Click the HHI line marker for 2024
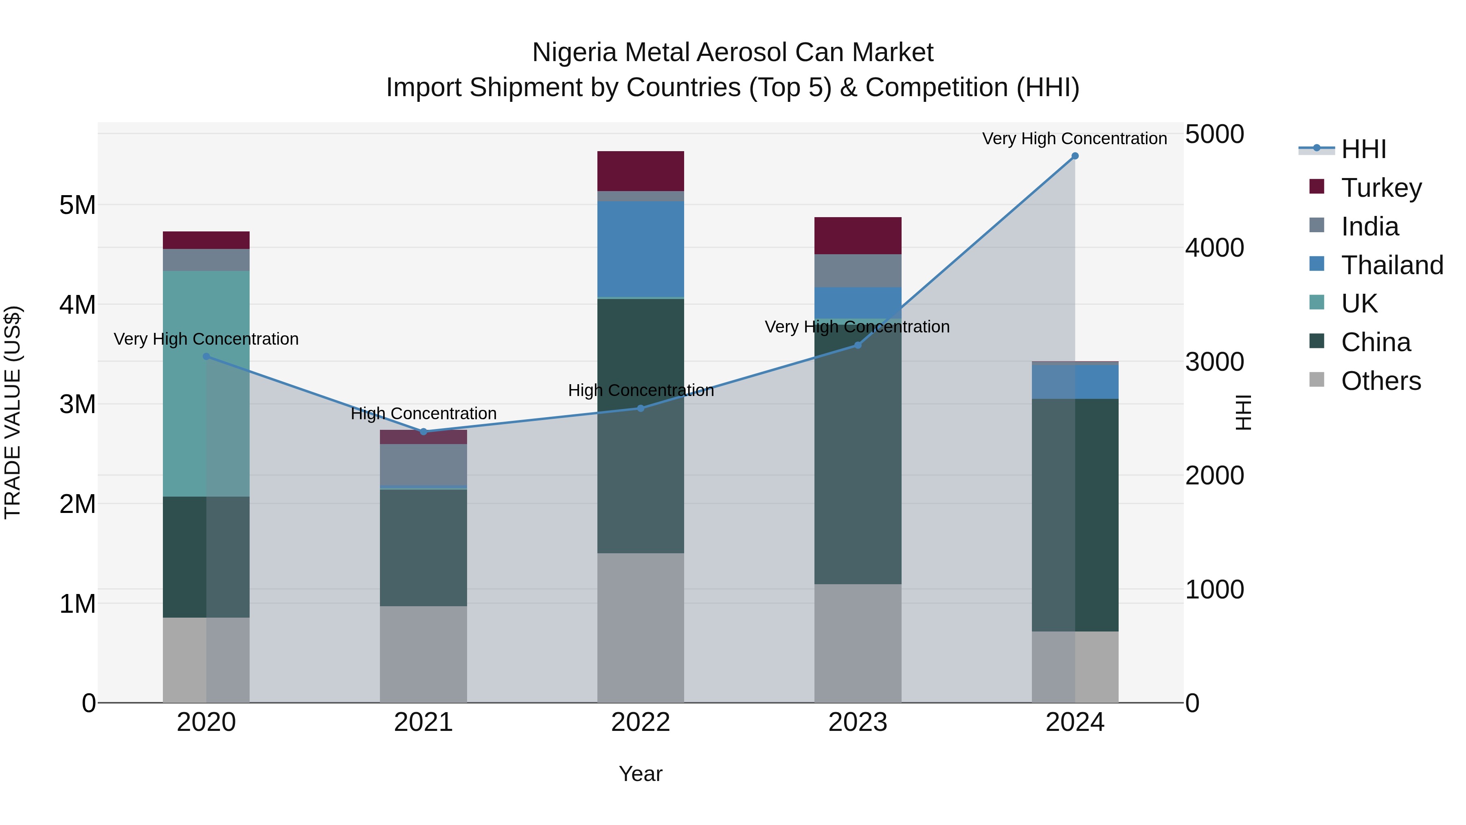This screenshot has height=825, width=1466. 1075,156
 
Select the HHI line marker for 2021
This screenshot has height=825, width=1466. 424,431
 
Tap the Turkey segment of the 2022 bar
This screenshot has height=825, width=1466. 640,171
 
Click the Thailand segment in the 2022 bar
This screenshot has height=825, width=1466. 640,249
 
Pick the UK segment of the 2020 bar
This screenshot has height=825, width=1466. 206,383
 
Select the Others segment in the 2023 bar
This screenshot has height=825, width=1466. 858,643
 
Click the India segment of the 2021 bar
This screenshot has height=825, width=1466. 424,464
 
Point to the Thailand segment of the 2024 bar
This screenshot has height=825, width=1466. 1075,381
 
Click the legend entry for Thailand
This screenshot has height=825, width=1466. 1391,265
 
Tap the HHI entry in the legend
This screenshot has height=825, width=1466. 1363,149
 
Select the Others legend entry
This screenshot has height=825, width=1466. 1380,381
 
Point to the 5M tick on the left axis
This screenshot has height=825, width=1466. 77,205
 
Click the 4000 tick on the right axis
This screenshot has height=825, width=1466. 1214,248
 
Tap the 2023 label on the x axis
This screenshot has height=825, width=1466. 858,722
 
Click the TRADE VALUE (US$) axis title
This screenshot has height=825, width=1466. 13,412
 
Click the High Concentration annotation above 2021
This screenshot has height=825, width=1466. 424,414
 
